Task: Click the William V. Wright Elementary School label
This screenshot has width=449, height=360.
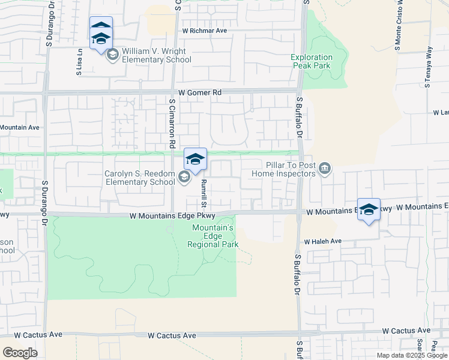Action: (156, 56)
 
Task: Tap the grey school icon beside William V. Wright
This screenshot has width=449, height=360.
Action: (112, 55)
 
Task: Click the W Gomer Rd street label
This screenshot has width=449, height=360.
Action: (200, 93)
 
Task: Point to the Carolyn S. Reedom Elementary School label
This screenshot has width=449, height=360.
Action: (140, 178)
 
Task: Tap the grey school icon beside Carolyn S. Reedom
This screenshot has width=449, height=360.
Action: (184, 177)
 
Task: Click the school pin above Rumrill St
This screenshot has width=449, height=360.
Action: (195, 160)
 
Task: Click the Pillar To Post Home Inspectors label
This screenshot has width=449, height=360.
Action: (292, 169)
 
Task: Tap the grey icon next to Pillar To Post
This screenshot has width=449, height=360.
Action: (325, 168)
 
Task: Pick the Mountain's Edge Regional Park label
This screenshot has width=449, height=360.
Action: (213, 236)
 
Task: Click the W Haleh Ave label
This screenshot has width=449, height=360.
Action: (322, 241)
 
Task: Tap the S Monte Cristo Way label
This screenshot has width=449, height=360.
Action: (398, 24)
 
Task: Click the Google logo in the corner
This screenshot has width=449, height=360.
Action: (20, 353)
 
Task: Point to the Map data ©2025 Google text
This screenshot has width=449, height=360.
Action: (411, 355)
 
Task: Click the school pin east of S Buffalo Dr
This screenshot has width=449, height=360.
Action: (369, 210)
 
